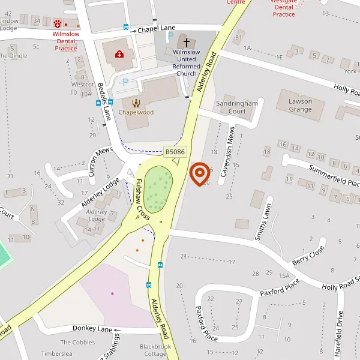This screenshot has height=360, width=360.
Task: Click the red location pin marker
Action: pyautogui.click(x=199, y=174)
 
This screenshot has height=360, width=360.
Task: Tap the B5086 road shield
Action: pyautogui.click(x=175, y=152)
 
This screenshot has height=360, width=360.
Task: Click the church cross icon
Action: pyautogui.click(x=186, y=43)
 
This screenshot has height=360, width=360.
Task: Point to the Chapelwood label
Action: pyautogui.click(x=136, y=112)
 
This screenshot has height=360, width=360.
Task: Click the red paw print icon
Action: pyautogui.click(x=58, y=25)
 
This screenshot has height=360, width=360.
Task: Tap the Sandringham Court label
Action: pyautogui.click(x=239, y=107)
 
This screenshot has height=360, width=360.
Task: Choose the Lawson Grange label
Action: pyautogui.click(x=300, y=106)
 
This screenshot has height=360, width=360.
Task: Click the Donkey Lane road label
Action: pyautogui.click(x=92, y=329)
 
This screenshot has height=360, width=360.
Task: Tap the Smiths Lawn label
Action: pyautogui.click(x=263, y=221)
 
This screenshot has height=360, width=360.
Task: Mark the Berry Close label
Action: pyautogui.click(x=308, y=256)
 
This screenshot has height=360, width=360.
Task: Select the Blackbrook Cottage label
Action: pyautogui.click(x=155, y=350)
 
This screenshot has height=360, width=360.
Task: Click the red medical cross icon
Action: pyautogui.click(x=119, y=55)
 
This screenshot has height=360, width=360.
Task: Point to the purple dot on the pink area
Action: pyautogui.click(x=112, y=293)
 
